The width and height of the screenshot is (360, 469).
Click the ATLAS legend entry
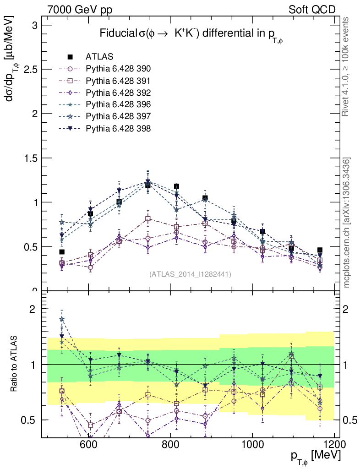pyautogui.click(x=99, y=57)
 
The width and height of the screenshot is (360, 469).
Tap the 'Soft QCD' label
pyautogui.click(x=312, y=10)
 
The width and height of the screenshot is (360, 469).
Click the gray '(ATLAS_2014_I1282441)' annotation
pyautogui.click(x=190, y=274)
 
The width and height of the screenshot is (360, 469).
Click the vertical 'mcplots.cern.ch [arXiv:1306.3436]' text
pyautogui.click(x=347, y=223)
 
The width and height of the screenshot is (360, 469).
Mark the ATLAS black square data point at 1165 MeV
pyautogui.click(x=320, y=250)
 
